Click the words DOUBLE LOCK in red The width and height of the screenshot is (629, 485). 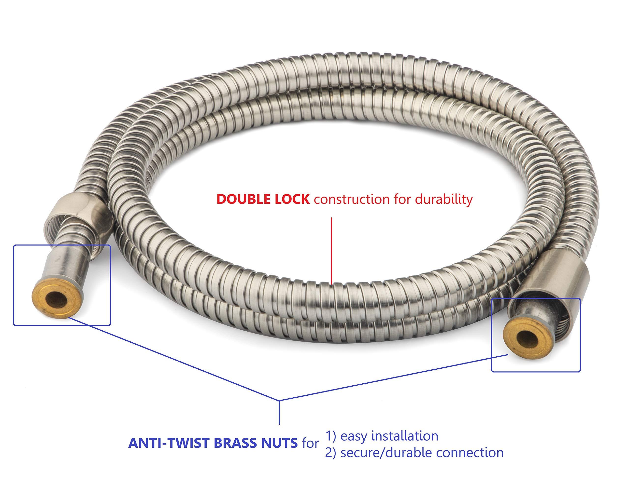pos(263,199)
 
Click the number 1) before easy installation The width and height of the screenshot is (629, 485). pos(331,436)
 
